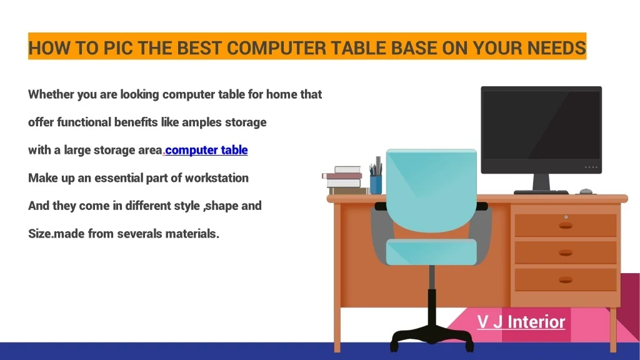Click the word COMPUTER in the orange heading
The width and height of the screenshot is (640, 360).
276,48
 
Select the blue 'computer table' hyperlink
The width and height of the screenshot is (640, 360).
206,150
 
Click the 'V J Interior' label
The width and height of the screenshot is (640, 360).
521,322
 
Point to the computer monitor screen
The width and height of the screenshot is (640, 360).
541,126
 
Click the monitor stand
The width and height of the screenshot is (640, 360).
541,182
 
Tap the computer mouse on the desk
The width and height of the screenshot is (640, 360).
586,191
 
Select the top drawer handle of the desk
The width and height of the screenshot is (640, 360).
565,225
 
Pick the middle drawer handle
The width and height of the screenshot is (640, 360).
565,253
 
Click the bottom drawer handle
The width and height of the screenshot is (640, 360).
565,280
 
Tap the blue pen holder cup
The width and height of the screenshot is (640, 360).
376,184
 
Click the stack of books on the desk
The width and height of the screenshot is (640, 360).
344,181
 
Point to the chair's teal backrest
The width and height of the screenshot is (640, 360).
431,191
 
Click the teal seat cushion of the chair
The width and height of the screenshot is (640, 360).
431,252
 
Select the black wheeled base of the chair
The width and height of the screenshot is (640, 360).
431,336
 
